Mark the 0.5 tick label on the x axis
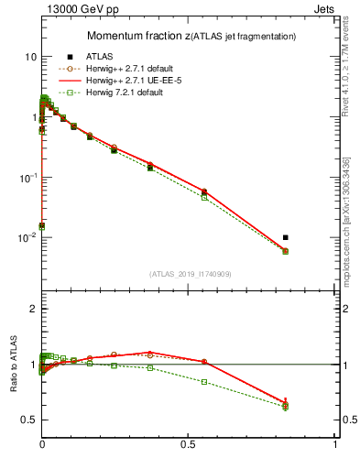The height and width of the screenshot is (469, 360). pyautogui.click(x=189, y=444)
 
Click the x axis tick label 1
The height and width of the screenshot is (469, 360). pyautogui.click(x=335, y=444)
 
